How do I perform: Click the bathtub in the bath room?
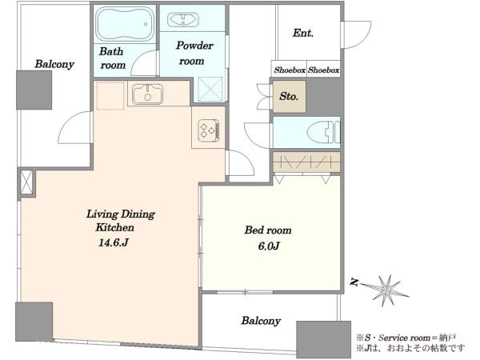point(125,24)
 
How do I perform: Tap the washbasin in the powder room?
point(182,19)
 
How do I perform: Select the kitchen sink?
point(147,94)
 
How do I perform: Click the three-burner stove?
point(209,130)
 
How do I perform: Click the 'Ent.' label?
point(302,33)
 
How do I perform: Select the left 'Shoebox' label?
point(290,70)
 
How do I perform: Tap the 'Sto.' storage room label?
point(289,97)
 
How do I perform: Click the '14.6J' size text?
point(113,242)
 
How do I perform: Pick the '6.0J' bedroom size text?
point(269,246)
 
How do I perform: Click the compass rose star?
point(386,289)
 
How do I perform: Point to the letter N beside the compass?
point(354,282)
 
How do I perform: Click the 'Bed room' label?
point(268,230)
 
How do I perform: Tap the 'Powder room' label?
point(194,54)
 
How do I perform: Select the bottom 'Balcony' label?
point(261,321)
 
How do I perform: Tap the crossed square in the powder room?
point(210,89)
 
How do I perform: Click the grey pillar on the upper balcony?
point(34,90)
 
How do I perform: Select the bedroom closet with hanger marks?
point(306,162)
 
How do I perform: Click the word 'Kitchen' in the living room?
point(114,227)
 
